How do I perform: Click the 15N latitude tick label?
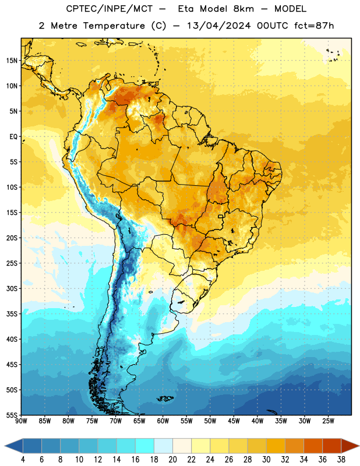12,61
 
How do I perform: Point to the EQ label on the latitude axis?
13,137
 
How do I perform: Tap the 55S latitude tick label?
12,415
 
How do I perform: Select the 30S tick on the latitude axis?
12,288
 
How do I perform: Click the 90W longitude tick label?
21,421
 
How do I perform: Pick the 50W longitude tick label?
210,421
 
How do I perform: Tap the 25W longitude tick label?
328,421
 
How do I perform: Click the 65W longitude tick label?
139,421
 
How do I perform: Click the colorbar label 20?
172,460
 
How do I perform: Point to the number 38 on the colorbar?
341,460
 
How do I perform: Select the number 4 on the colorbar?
23,460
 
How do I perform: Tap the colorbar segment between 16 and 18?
144,446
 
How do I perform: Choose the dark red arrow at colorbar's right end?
350,446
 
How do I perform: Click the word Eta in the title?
186,9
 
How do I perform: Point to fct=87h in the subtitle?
314,26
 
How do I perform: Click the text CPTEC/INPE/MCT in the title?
110,9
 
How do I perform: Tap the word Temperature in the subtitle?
114,26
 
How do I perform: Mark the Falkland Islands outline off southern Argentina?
165,398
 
